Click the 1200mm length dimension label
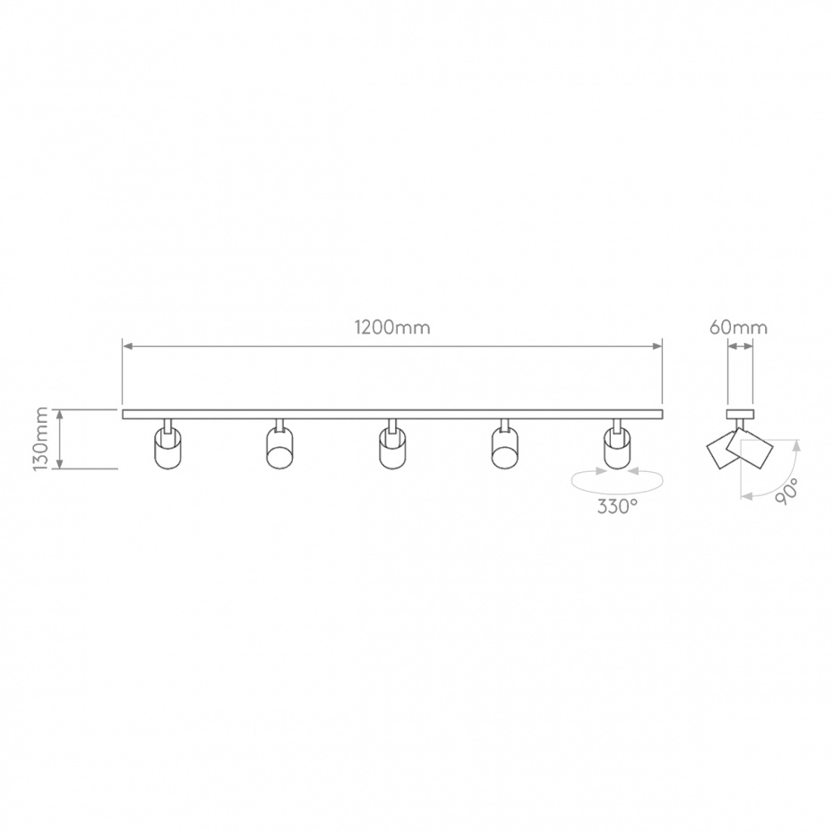point(391,327)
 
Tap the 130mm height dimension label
point(40,439)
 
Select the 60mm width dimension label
point(738,327)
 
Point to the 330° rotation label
point(618,506)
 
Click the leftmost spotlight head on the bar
point(167,448)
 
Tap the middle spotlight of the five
point(391,448)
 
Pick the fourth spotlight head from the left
point(504,448)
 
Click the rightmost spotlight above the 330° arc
point(616,448)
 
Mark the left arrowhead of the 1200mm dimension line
point(126,346)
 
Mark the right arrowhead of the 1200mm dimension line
point(657,346)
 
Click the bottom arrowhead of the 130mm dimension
point(60,464)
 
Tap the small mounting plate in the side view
point(739,414)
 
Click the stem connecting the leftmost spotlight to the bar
point(167,424)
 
